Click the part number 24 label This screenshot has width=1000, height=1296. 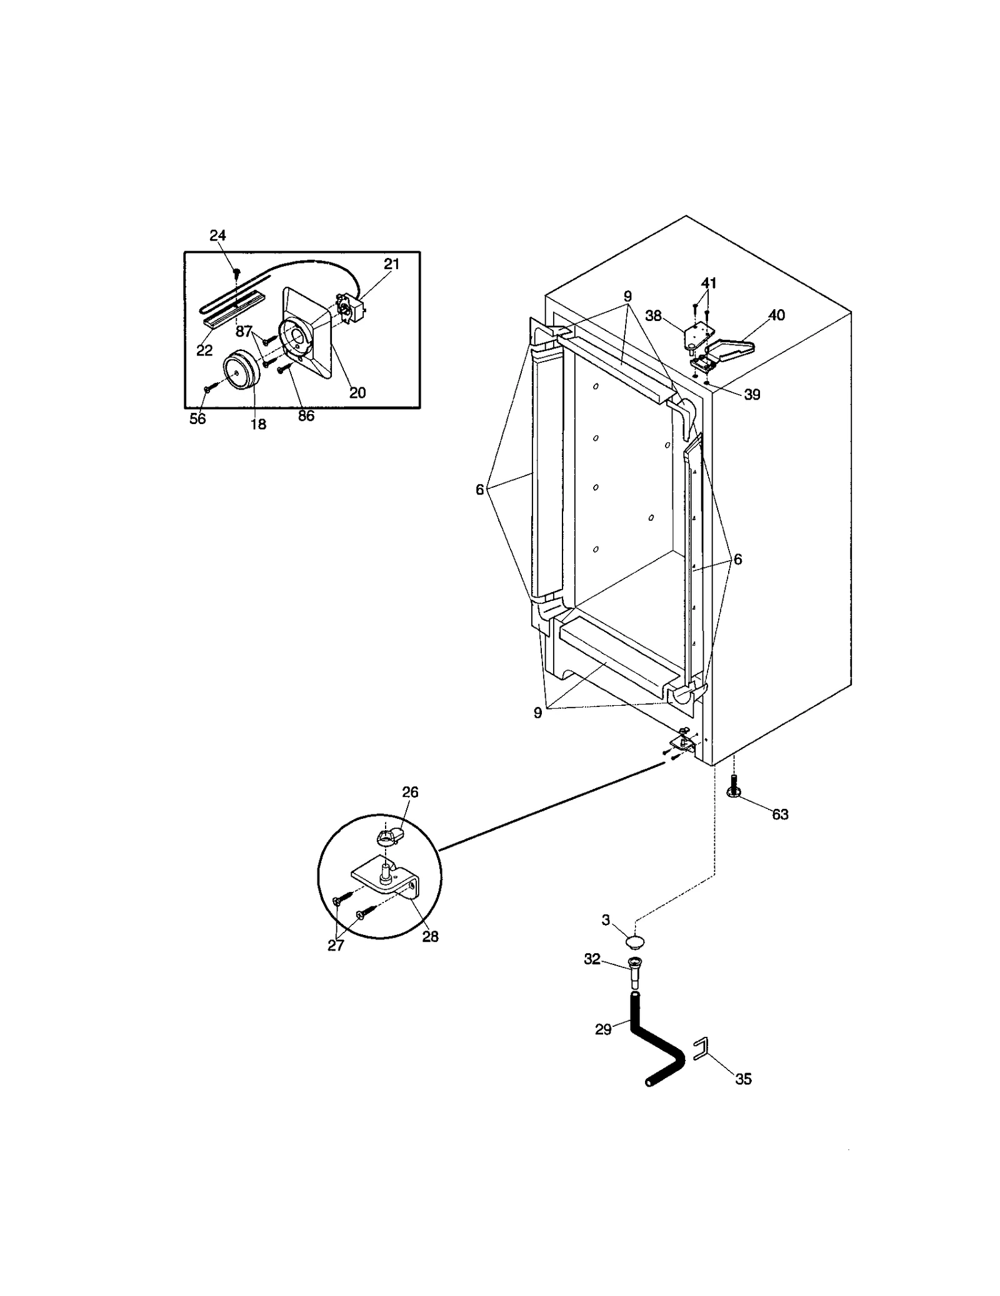(217, 235)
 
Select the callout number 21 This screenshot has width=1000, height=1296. (391, 264)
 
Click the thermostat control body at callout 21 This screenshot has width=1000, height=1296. (350, 308)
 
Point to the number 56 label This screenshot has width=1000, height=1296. (197, 418)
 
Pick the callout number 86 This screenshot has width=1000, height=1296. (306, 415)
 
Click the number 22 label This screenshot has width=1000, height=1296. (204, 350)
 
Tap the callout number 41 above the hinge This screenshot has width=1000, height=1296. (708, 283)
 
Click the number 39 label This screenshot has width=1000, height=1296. (752, 395)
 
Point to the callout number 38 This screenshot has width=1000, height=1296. (653, 315)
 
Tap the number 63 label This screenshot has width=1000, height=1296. (780, 814)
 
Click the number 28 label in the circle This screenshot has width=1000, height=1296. (430, 936)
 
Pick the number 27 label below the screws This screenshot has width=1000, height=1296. (336, 945)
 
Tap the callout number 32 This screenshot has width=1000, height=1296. (592, 959)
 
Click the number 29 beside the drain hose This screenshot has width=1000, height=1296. (603, 1029)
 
